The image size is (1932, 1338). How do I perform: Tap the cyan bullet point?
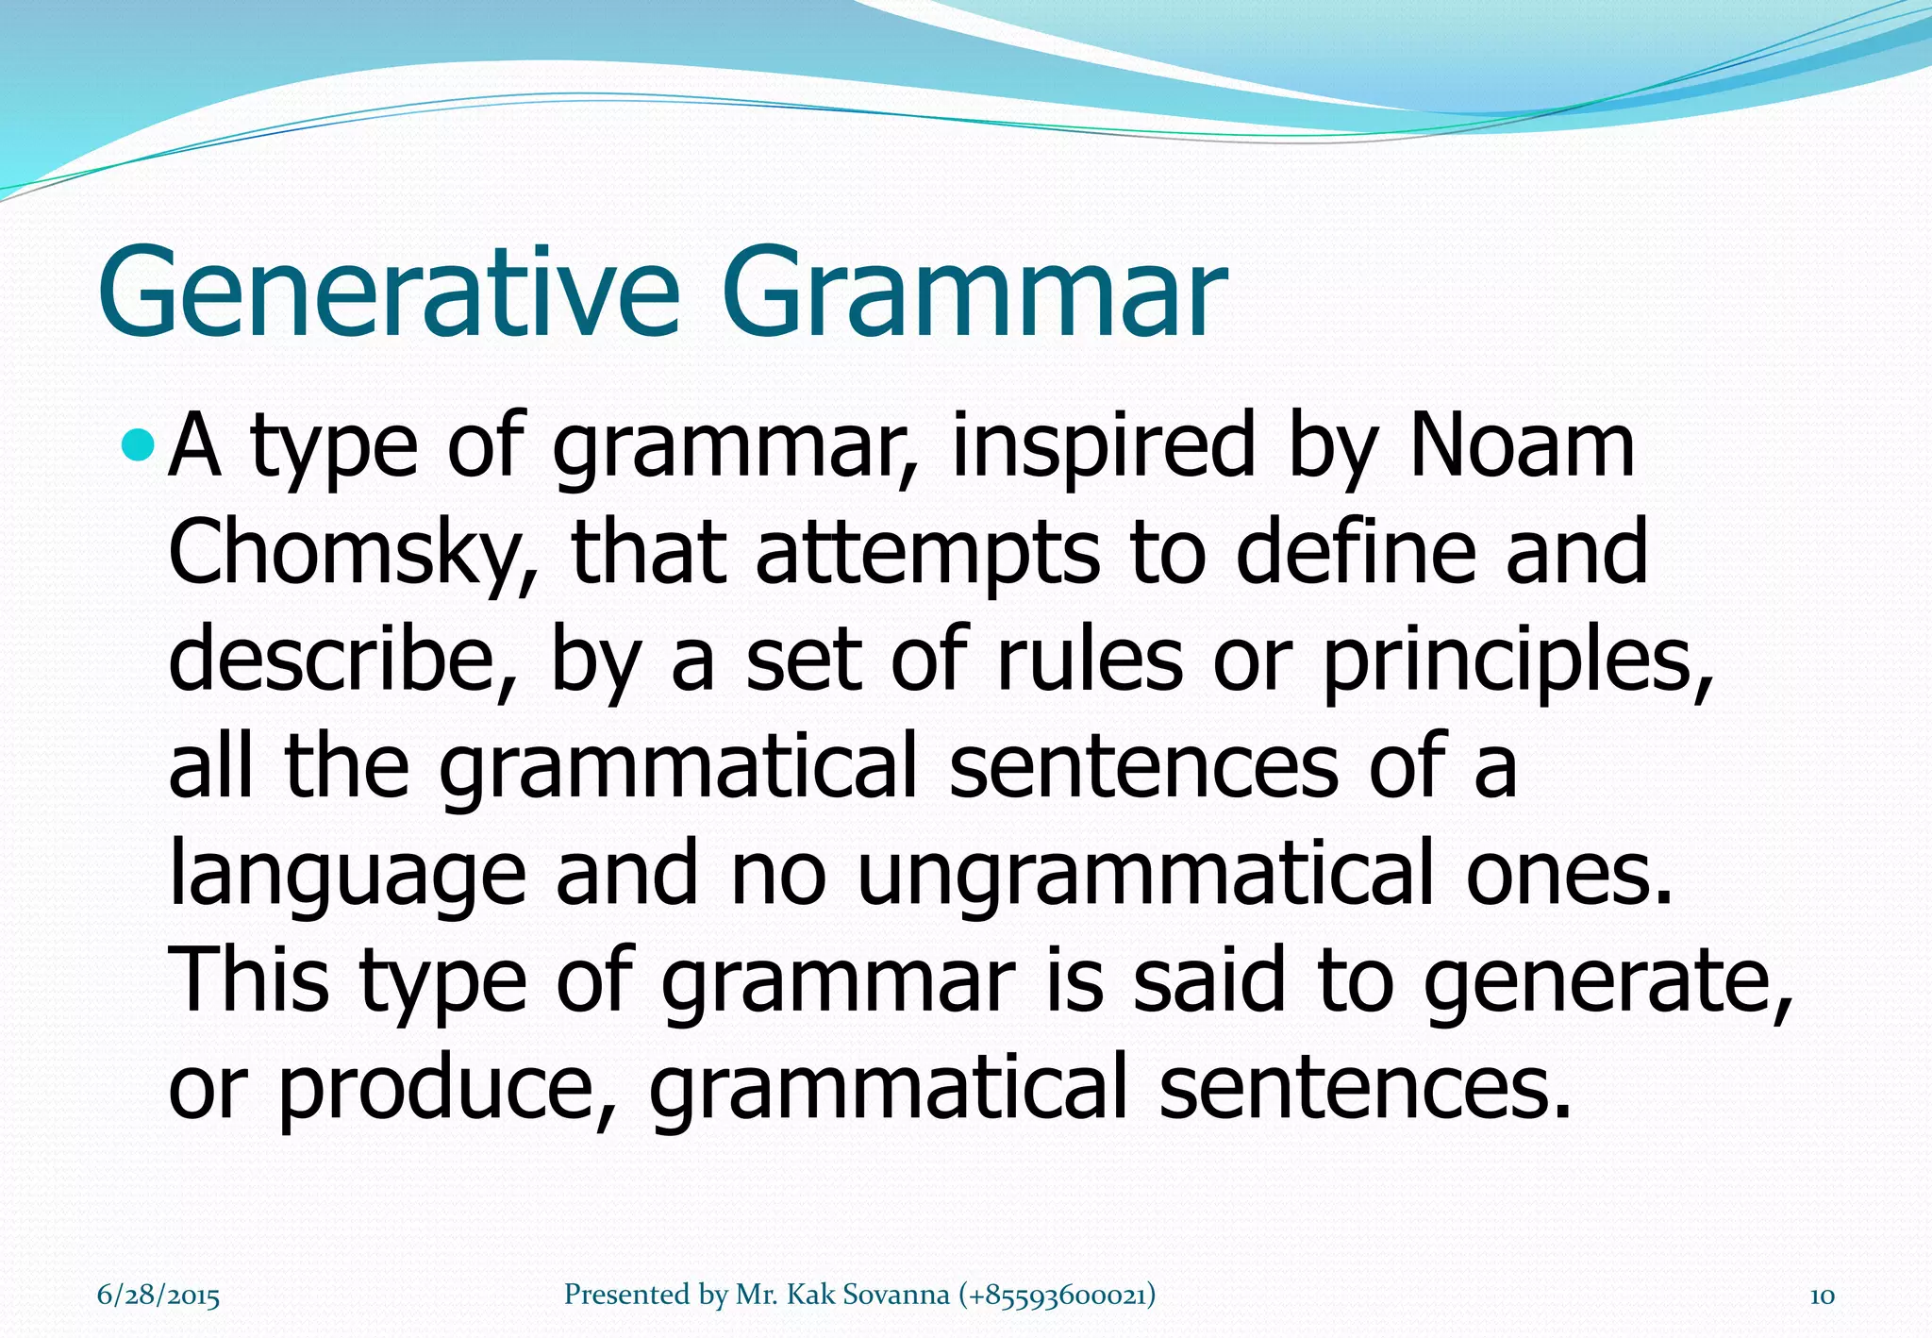point(138,442)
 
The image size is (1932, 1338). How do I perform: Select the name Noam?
point(1521,445)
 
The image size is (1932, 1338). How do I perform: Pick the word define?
point(1355,553)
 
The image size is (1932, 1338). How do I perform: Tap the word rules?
point(1089,659)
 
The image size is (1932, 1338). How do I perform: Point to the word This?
point(249,979)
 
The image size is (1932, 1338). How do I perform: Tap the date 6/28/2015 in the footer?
point(158,1296)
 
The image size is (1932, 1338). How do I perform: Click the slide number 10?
point(1822,1296)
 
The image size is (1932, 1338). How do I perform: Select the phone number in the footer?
point(1057,1295)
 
